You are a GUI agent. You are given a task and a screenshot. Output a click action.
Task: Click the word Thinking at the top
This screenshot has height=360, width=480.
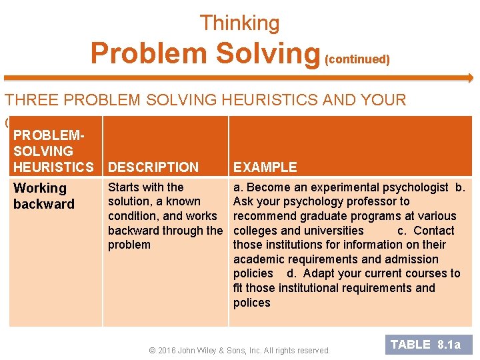click(x=239, y=23)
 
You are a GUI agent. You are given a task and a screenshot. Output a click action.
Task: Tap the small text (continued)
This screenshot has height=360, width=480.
click(x=357, y=59)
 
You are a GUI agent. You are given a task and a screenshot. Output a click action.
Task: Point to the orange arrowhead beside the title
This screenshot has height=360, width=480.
click(x=469, y=78)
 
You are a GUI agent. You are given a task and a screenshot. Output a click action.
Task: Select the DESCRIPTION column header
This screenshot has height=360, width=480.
click(x=153, y=167)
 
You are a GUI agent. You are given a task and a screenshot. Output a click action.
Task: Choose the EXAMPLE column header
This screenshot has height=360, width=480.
click(x=265, y=167)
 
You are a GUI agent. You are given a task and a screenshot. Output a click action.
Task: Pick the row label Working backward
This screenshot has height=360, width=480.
click(x=44, y=196)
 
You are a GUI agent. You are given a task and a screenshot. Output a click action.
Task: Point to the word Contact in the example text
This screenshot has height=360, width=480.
click(x=434, y=231)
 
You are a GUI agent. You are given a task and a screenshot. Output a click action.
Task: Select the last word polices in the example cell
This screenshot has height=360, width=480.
click(x=252, y=303)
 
